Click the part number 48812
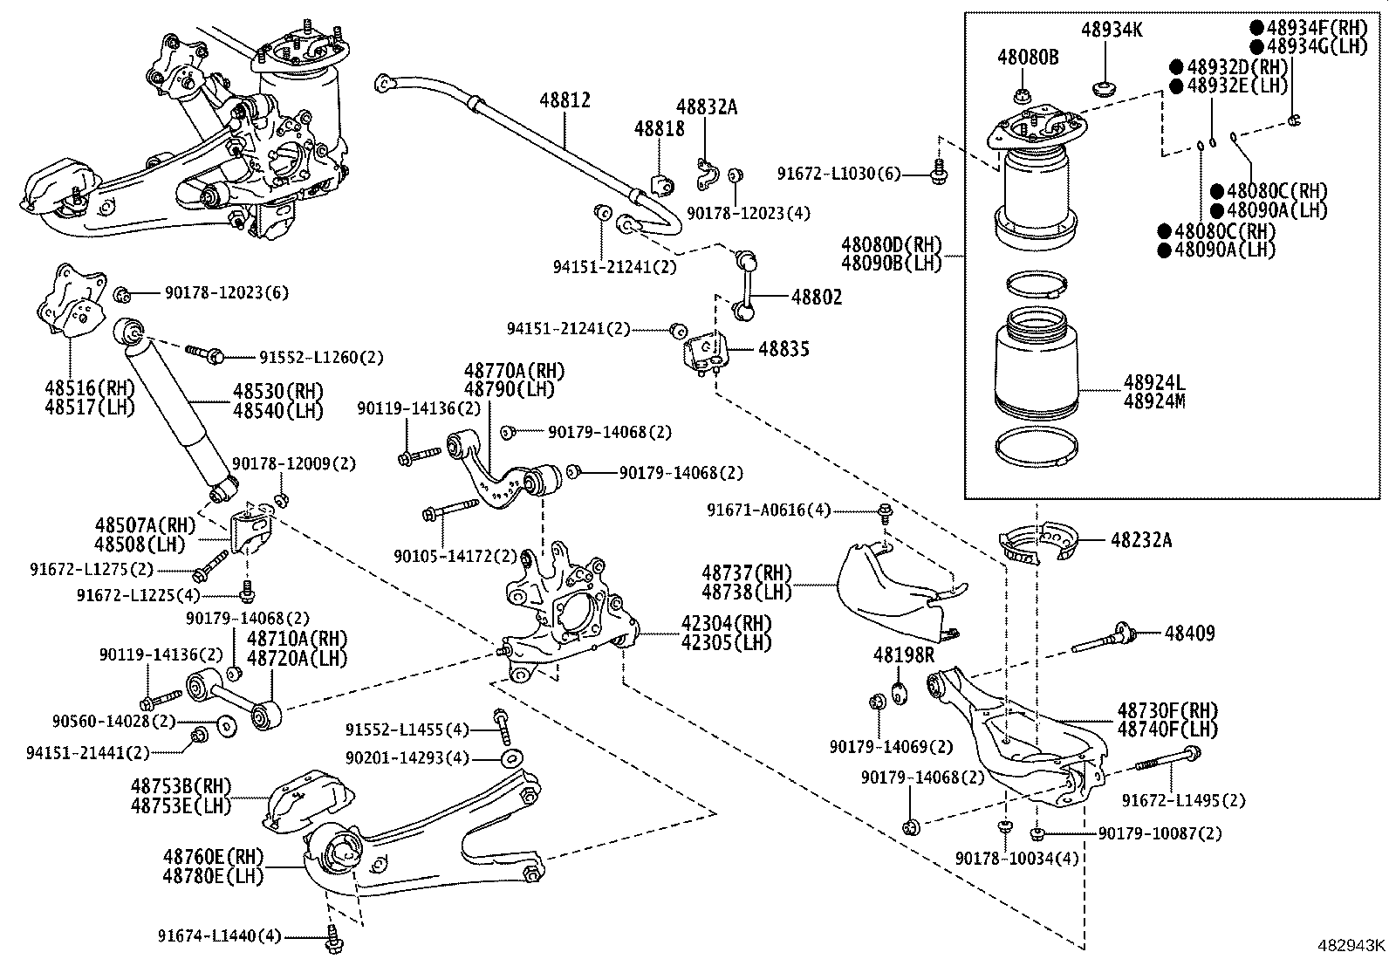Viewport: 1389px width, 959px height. (x=564, y=100)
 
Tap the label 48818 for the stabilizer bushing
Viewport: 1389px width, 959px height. (x=659, y=128)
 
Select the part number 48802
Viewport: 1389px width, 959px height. (x=817, y=298)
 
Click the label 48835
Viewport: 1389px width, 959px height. (x=783, y=349)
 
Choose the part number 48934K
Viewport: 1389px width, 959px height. (x=1112, y=30)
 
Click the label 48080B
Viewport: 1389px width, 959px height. (x=1028, y=57)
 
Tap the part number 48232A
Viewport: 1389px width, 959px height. (x=1141, y=540)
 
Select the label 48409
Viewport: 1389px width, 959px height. (x=1189, y=634)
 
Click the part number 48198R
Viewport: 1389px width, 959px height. (x=904, y=654)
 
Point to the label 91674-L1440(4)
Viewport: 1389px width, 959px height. (x=220, y=935)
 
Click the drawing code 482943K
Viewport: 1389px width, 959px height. (x=1351, y=945)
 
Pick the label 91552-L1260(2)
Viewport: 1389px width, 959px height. (x=321, y=357)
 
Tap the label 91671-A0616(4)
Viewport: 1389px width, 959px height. (x=769, y=510)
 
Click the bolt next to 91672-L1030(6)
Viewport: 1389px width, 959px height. (x=940, y=172)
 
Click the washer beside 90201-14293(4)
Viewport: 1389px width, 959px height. (x=511, y=758)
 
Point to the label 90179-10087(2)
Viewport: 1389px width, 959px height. (x=1160, y=833)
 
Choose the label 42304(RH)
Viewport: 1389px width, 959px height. (x=726, y=623)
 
